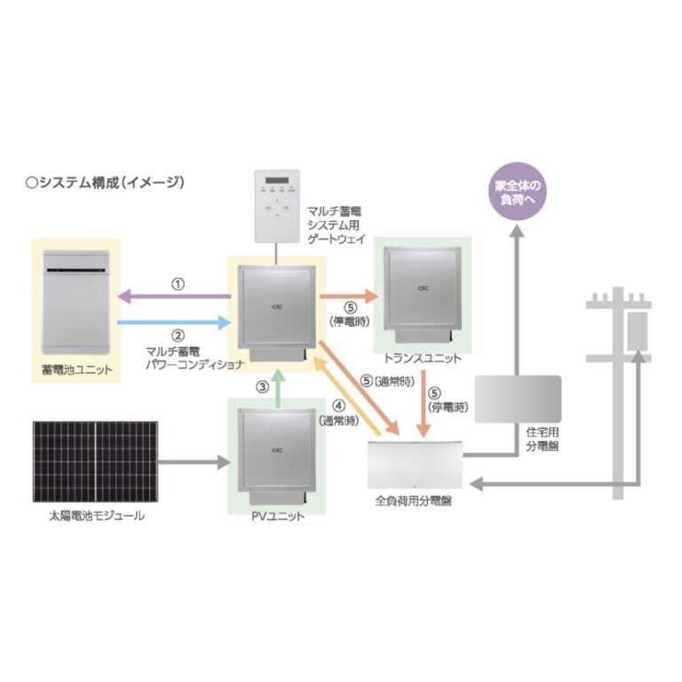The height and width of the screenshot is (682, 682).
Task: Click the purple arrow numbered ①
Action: point(174,297)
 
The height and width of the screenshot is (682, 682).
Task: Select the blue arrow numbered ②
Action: point(174,322)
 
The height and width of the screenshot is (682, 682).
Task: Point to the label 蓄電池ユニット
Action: point(77,370)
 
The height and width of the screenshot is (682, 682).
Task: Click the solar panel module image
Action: point(96,462)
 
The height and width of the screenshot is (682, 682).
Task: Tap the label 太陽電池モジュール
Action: point(97,516)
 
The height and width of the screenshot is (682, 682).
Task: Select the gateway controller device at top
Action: point(277,206)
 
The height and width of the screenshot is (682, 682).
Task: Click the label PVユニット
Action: point(278,516)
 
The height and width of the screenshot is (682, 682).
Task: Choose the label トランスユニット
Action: point(423,359)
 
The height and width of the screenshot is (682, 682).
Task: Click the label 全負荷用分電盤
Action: point(414,501)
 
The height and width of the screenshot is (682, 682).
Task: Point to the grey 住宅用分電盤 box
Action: point(518,399)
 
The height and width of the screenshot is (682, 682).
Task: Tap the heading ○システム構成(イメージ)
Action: point(106,182)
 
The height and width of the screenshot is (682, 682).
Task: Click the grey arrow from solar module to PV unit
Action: point(194,463)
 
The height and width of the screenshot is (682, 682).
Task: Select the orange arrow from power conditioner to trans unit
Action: point(349,297)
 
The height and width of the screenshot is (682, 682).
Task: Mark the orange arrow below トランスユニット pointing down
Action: point(424,404)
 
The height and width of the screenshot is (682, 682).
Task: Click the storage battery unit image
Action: point(76,302)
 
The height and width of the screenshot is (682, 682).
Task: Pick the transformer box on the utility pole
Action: point(638,330)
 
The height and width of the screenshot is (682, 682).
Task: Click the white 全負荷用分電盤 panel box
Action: point(415,465)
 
